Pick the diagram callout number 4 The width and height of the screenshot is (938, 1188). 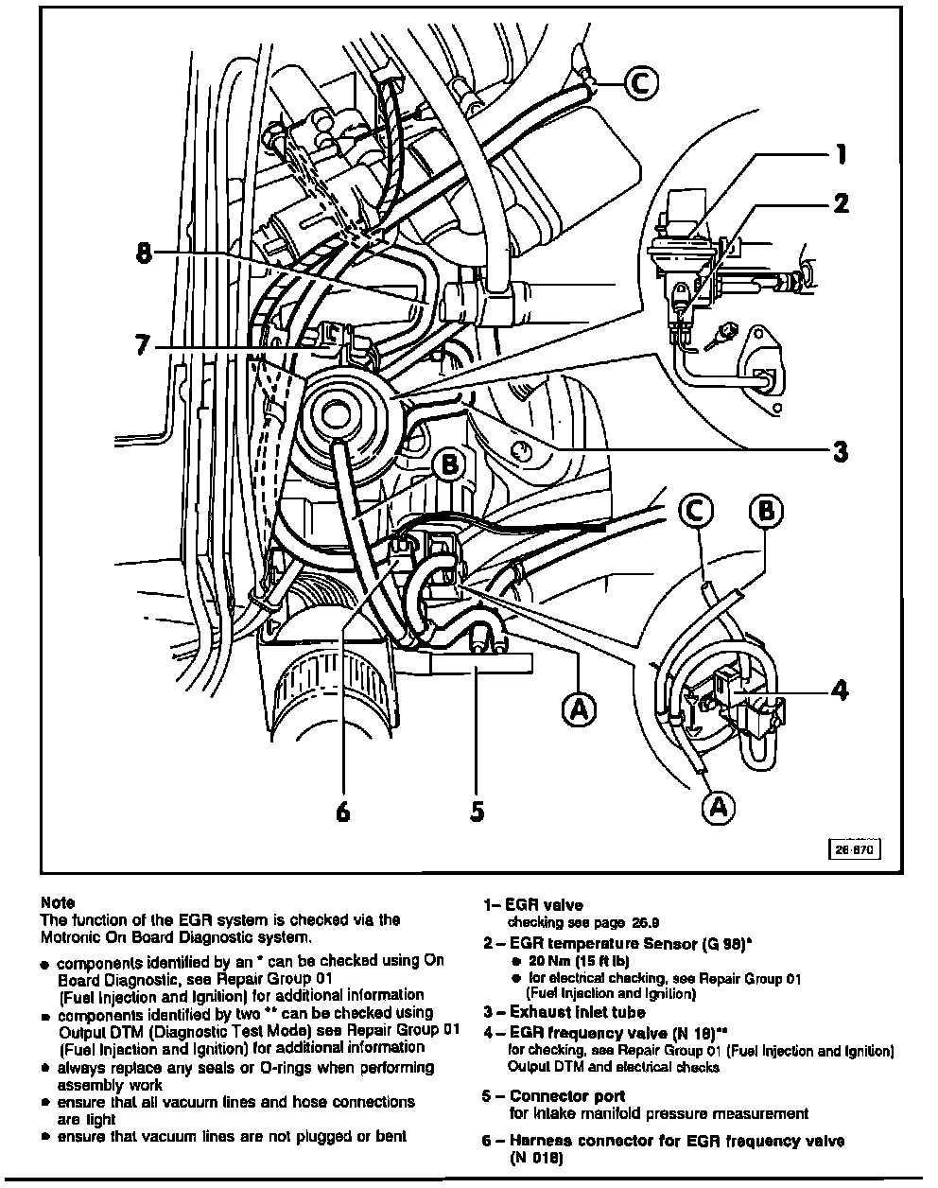(x=839, y=690)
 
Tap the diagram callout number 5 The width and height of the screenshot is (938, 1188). (x=478, y=811)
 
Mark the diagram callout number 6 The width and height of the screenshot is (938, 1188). (x=343, y=811)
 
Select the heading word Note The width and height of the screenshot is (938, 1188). (x=58, y=903)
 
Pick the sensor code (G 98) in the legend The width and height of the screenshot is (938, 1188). (x=715, y=943)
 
